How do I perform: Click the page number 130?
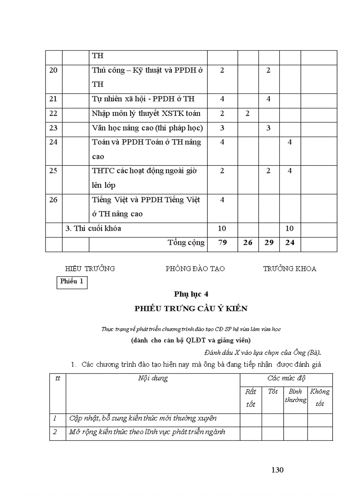point(277,470)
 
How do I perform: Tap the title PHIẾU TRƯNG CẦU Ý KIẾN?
point(191,309)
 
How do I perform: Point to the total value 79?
point(222,243)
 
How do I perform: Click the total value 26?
point(248,243)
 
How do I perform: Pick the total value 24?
point(290,243)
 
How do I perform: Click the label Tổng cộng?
point(186,243)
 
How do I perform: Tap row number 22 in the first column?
point(53,114)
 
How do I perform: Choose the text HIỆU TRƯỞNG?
point(90,268)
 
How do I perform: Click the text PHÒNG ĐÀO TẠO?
point(195,268)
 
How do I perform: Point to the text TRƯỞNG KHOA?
point(290,268)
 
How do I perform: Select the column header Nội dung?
point(153,379)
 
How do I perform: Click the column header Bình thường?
point(296,396)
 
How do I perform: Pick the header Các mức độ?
point(286,379)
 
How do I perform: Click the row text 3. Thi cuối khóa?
point(93,229)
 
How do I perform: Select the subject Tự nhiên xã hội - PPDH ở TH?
point(143,99)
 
